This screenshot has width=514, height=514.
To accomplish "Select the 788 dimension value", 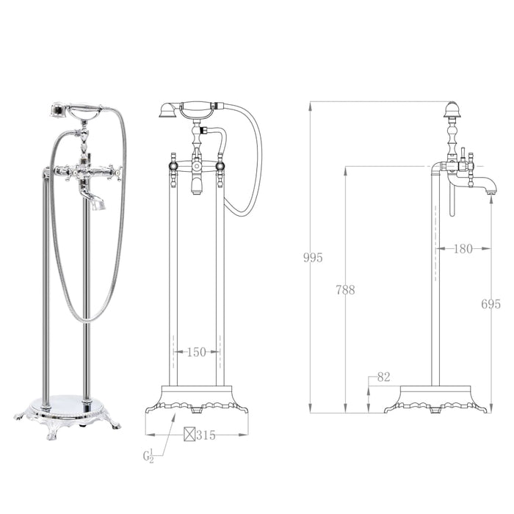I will pyautogui.click(x=344, y=290).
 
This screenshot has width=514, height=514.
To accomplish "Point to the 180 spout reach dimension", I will pyautogui.click(x=463, y=250).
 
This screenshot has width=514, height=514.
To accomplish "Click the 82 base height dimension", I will pyautogui.click(x=383, y=377).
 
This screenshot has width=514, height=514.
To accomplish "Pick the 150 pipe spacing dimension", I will pyautogui.click(x=196, y=352).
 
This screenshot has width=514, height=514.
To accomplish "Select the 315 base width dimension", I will pyautogui.click(x=206, y=435).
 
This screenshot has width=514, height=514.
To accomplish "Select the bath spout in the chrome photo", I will pyautogui.click(x=95, y=200).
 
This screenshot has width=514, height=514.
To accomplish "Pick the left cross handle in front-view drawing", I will pyautogui.click(x=173, y=166).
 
